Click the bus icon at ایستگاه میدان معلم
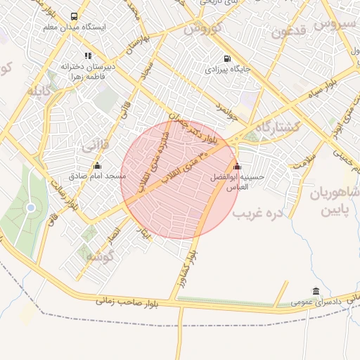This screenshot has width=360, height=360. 75,16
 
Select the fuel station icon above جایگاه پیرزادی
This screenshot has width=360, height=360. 226,59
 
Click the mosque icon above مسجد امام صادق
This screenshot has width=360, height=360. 97,166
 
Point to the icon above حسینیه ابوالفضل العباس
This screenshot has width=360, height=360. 237,167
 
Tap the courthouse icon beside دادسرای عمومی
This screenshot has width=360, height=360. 316,292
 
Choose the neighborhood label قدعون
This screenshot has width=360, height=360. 290,32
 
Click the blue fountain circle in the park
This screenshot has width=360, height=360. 30,207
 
